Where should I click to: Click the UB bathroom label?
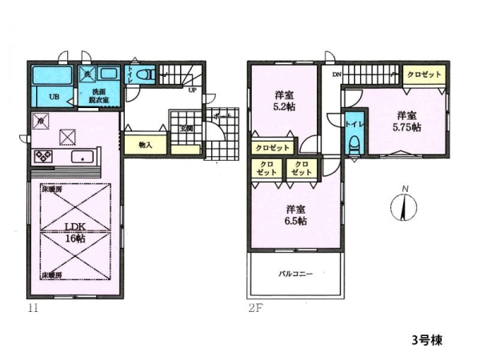click(54, 97)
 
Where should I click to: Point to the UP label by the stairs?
click(192, 90)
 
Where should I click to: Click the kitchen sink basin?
click(82, 156)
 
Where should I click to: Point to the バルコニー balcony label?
click(296, 274)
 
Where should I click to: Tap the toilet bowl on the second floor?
click(353, 145)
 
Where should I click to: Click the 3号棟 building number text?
click(421, 339)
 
